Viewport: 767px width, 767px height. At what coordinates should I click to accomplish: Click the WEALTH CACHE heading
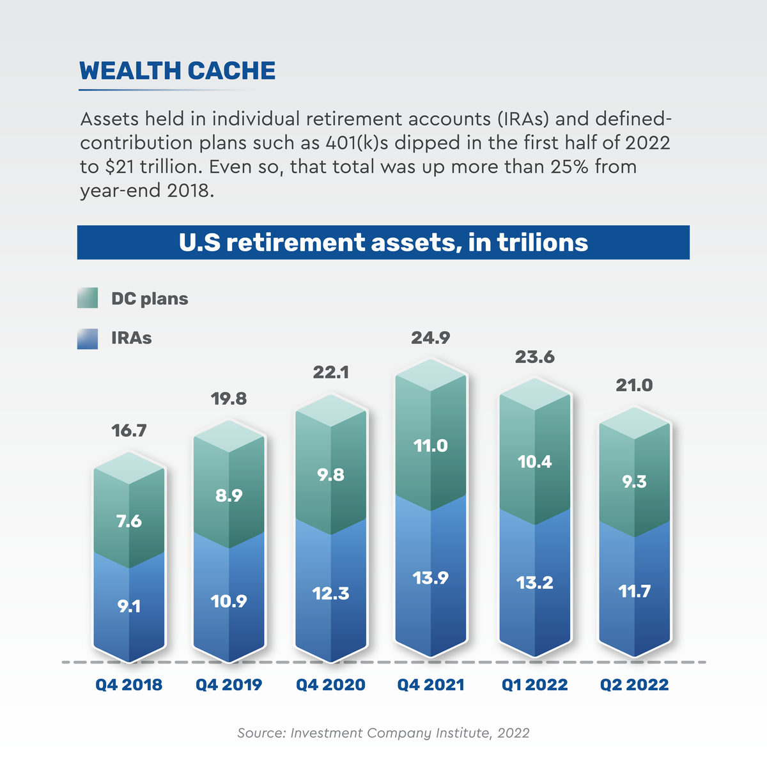pyautogui.click(x=177, y=71)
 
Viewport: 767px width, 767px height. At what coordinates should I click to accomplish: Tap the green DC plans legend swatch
pyautogui.click(x=88, y=298)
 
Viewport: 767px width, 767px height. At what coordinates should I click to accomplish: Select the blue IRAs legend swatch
pyautogui.click(x=88, y=338)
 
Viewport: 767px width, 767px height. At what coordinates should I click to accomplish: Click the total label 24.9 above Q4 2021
pyautogui.click(x=430, y=338)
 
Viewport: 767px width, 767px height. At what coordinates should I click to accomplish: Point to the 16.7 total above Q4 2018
pyautogui.click(x=129, y=431)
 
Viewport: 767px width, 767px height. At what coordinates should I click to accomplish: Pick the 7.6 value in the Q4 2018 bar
pyautogui.click(x=129, y=522)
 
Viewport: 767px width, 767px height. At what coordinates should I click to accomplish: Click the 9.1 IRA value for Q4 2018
pyautogui.click(x=129, y=606)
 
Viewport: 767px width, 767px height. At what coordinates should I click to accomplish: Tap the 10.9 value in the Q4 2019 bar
pyautogui.click(x=229, y=601)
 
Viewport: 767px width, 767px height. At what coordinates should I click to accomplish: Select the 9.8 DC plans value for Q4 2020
pyautogui.click(x=330, y=475)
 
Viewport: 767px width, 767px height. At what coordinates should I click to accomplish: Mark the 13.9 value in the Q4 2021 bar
pyautogui.click(x=430, y=578)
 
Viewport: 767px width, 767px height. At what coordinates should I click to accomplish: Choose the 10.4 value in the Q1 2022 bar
pyautogui.click(x=535, y=461)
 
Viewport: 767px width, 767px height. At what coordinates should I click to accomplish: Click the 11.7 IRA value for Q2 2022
pyautogui.click(x=634, y=591)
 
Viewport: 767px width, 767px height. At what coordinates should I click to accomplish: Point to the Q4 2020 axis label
pyautogui.click(x=330, y=685)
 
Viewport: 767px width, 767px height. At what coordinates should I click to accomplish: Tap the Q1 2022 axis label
pyautogui.click(x=534, y=685)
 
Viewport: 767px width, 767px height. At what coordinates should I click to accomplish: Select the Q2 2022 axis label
pyautogui.click(x=634, y=685)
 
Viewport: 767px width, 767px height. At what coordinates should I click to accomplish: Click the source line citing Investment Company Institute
pyautogui.click(x=383, y=733)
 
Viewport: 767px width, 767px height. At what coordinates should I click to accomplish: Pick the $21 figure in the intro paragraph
pyautogui.click(x=116, y=167)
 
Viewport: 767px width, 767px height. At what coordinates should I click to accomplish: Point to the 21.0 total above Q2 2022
pyautogui.click(x=634, y=385)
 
